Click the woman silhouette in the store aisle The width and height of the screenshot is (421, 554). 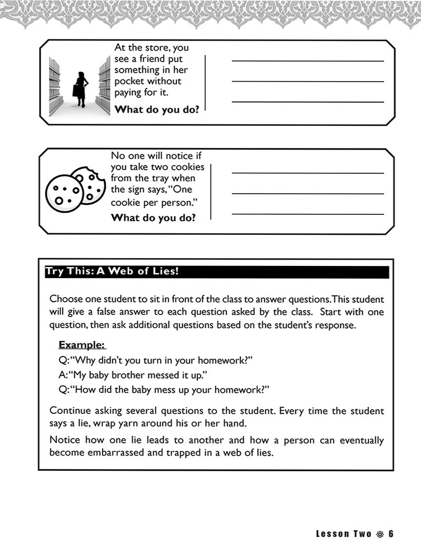[x=82, y=87]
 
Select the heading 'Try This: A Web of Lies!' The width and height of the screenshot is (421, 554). [x=112, y=272]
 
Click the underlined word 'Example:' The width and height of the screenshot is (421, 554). [x=82, y=345]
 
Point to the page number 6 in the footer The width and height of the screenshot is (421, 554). [x=391, y=534]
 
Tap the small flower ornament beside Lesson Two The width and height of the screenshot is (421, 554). [x=380, y=534]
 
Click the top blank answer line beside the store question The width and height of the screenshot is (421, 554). [x=307, y=61]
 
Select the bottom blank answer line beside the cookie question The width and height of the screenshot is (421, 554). [x=307, y=214]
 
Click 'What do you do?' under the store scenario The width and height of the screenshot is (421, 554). [x=157, y=110]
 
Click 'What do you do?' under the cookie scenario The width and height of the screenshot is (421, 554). [x=153, y=217]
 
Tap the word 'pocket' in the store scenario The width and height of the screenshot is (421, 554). [x=129, y=81]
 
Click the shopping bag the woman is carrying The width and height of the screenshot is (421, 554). [x=77, y=90]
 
